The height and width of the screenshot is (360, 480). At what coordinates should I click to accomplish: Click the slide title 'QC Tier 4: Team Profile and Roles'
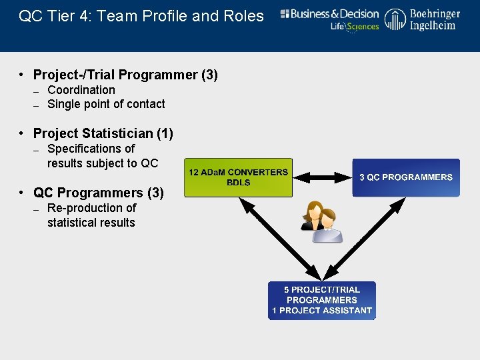click(x=141, y=16)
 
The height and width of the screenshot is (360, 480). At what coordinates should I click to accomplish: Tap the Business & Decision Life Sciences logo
click(x=329, y=20)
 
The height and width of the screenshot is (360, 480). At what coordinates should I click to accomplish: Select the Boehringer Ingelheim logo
click(x=423, y=19)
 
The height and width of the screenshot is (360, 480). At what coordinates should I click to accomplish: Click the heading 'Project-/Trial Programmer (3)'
click(x=125, y=75)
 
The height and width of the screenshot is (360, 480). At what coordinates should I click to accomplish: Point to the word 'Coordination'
click(x=81, y=90)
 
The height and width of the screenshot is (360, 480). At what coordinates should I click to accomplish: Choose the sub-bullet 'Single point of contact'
click(x=106, y=104)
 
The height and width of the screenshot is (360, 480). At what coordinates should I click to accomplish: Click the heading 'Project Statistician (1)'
click(x=103, y=133)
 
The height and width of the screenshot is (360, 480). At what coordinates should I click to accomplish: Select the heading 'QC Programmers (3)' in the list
click(x=98, y=193)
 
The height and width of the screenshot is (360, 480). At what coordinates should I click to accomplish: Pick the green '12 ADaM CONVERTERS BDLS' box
click(x=238, y=177)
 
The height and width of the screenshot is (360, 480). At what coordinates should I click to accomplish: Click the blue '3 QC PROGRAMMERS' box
click(x=405, y=177)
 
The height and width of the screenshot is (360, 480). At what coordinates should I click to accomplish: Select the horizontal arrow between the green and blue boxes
click(x=322, y=177)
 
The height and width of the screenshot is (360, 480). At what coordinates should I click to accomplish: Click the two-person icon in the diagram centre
click(x=322, y=221)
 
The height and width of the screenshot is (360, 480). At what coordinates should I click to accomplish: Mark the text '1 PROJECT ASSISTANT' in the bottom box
click(x=322, y=311)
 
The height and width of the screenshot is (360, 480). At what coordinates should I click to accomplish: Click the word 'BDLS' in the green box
click(x=238, y=183)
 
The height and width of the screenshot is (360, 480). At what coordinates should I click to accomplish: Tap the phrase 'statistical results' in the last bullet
click(x=91, y=223)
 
